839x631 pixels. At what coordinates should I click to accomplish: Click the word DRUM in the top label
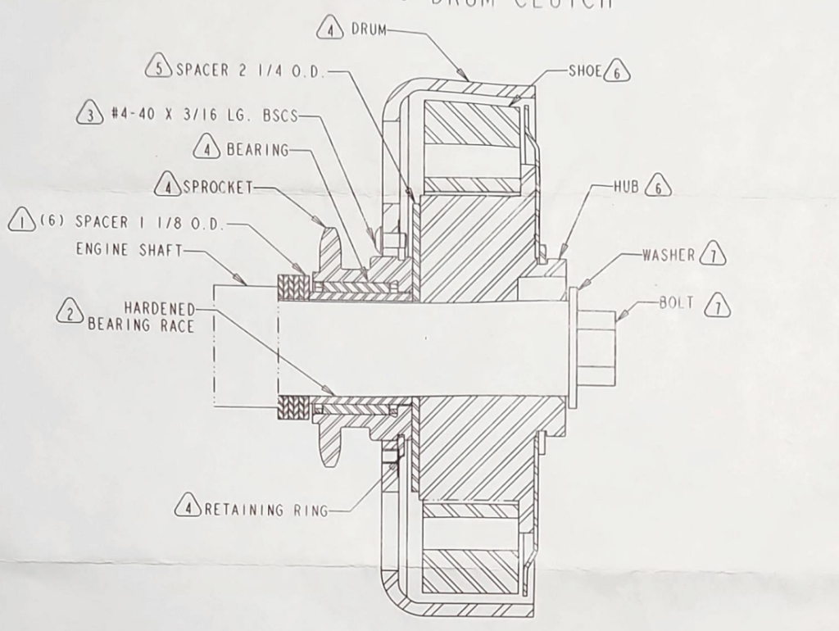tap(368, 30)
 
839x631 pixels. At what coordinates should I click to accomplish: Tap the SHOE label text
tap(585, 71)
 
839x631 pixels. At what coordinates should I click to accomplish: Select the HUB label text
tap(628, 187)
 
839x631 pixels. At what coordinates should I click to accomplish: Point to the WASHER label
tap(669, 255)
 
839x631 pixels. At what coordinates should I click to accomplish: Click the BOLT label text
tap(677, 303)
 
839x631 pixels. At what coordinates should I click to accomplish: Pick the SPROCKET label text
tap(217, 187)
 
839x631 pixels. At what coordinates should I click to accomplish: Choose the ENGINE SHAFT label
tap(129, 250)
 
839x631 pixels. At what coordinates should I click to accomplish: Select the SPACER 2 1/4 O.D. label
tap(251, 70)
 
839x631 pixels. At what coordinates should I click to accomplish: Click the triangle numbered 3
tap(88, 116)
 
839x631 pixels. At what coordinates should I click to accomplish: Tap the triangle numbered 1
tap(20, 221)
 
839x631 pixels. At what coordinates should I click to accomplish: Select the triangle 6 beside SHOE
tap(617, 72)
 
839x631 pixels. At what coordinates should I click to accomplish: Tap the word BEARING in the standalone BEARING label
tap(257, 150)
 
